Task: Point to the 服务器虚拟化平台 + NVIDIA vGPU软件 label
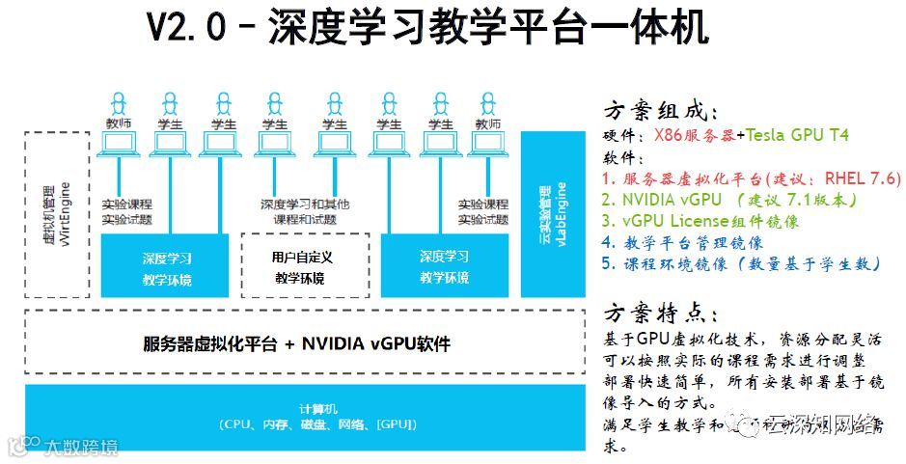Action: point(296,343)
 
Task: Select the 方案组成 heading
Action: point(663,111)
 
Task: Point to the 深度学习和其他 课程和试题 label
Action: point(304,212)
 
